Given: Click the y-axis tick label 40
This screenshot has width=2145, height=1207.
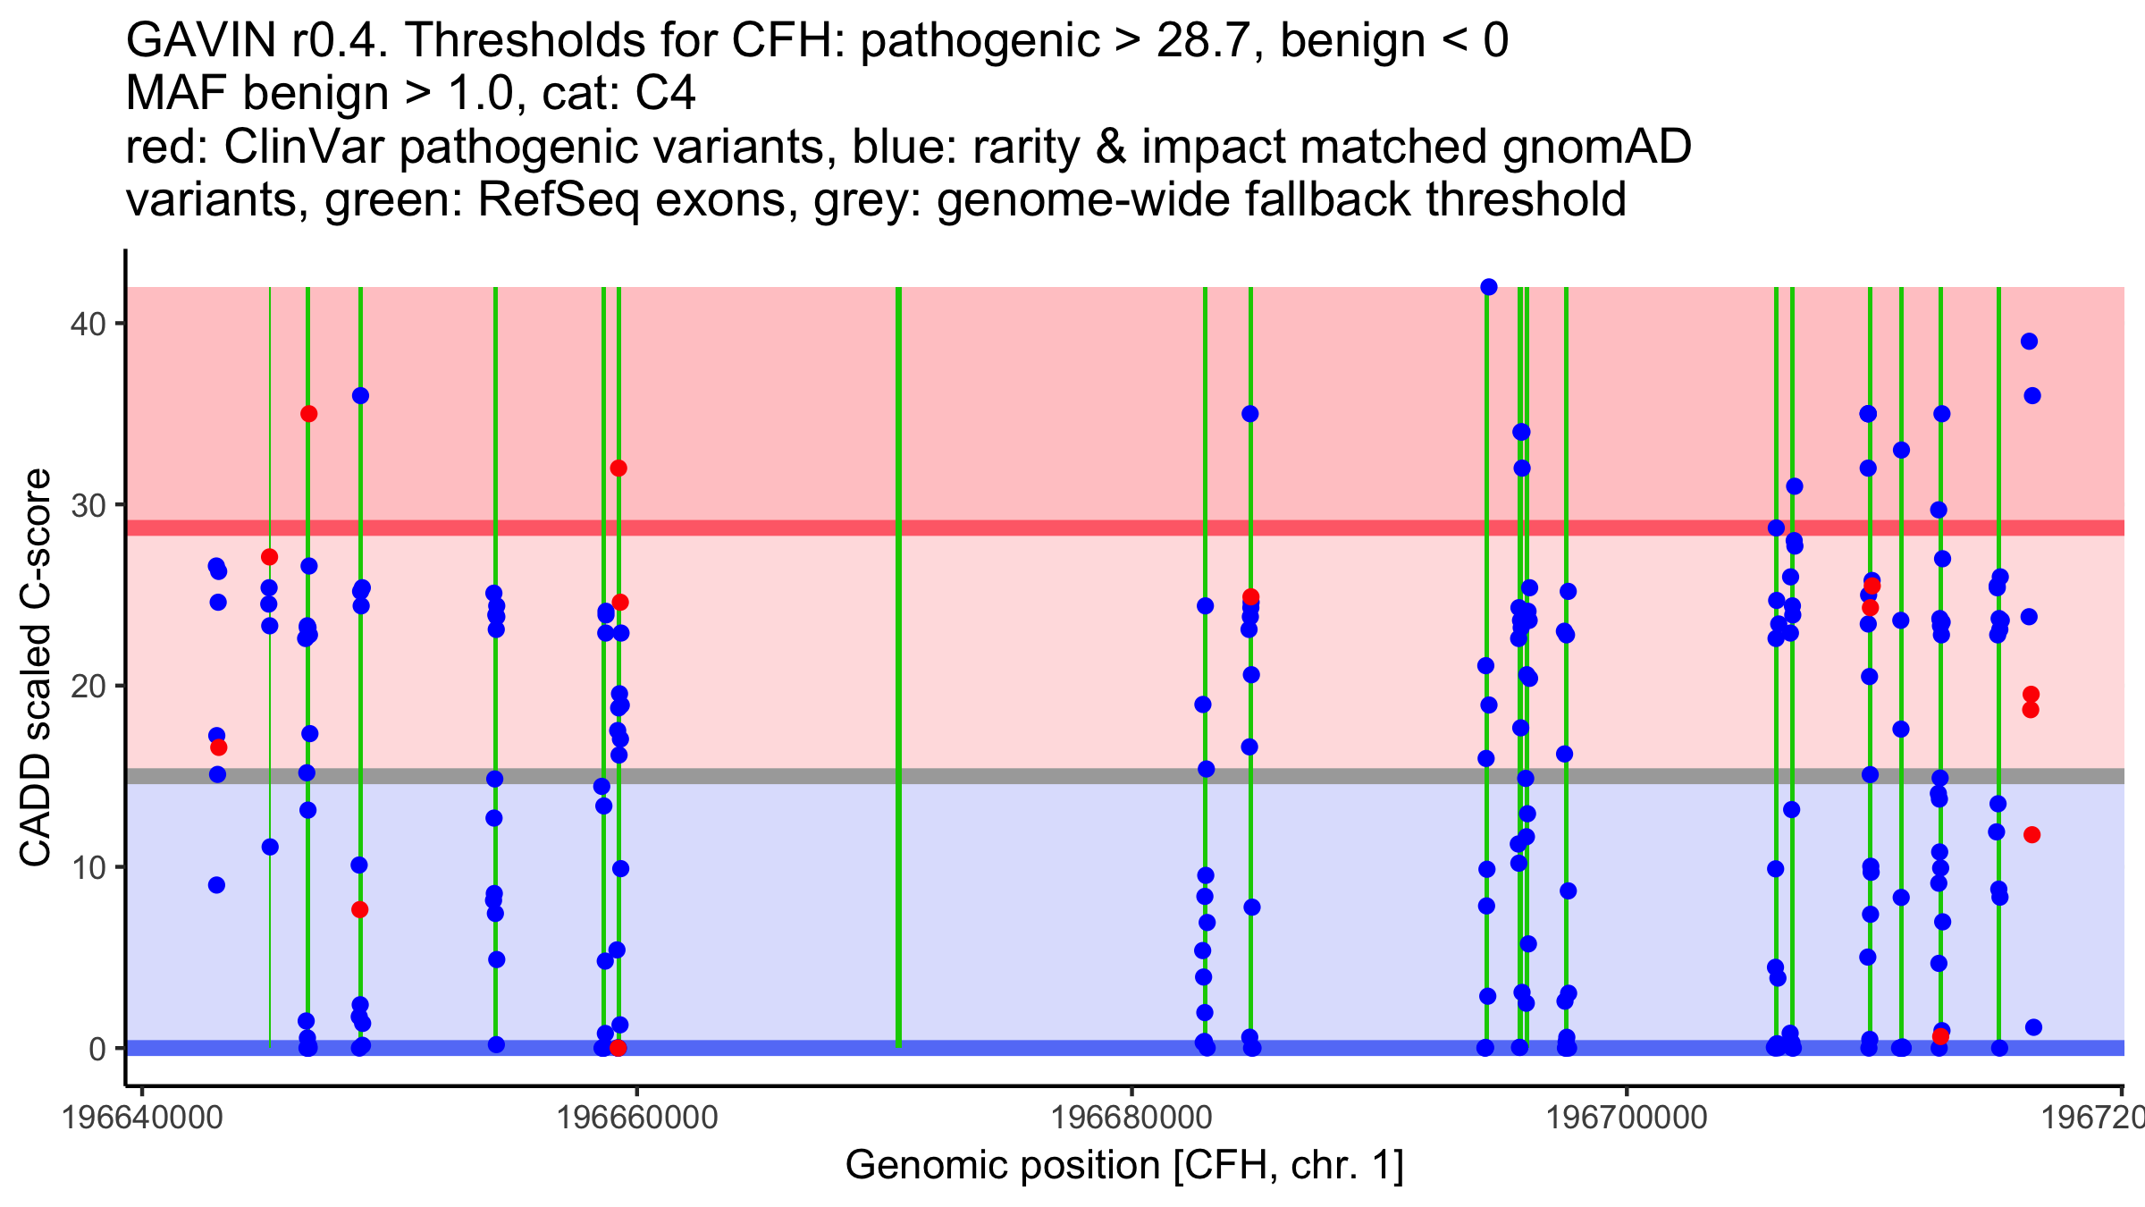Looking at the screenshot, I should (87, 324).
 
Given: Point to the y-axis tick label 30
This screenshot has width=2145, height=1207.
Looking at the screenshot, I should (87, 505).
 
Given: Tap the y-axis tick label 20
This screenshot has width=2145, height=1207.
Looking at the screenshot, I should (87, 687).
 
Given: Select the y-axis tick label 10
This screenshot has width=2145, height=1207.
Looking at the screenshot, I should (87, 868).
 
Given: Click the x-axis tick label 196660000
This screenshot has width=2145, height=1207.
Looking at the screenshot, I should (636, 1118).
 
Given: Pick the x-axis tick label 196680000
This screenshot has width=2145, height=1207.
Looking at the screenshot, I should (1131, 1118).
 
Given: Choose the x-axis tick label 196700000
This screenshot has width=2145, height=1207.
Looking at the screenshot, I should (1627, 1118).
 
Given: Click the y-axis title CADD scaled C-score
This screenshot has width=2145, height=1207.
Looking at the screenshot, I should (36, 668).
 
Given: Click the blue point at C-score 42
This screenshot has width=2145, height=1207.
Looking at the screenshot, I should (1489, 287).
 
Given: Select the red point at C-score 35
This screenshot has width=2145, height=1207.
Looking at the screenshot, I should (309, 414).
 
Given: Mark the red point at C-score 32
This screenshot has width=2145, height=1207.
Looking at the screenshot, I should (618, 468).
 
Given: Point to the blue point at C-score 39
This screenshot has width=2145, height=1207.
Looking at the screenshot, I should (2029, 342).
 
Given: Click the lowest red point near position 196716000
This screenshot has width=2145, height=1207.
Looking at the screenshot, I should (2031, 835).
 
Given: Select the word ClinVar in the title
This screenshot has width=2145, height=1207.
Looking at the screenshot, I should (304, 147).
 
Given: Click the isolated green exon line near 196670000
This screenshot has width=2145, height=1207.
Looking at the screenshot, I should (898, 666).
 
